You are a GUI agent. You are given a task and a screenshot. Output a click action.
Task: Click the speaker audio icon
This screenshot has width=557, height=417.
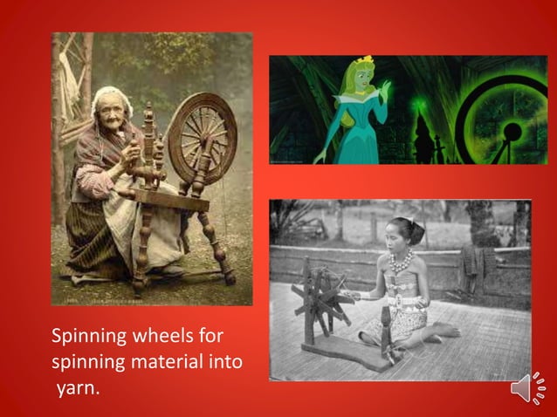[x=526, y=387]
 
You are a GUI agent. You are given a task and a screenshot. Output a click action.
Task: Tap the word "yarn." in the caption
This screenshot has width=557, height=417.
[x=79, y=386]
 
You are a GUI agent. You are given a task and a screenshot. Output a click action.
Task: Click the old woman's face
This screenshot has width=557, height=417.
[x=111, y=107]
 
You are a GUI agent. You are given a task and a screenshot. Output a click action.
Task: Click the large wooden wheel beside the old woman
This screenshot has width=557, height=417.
[x=202, y=137]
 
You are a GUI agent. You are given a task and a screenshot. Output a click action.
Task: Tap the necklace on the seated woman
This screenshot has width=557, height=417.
[x=402, y=260]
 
